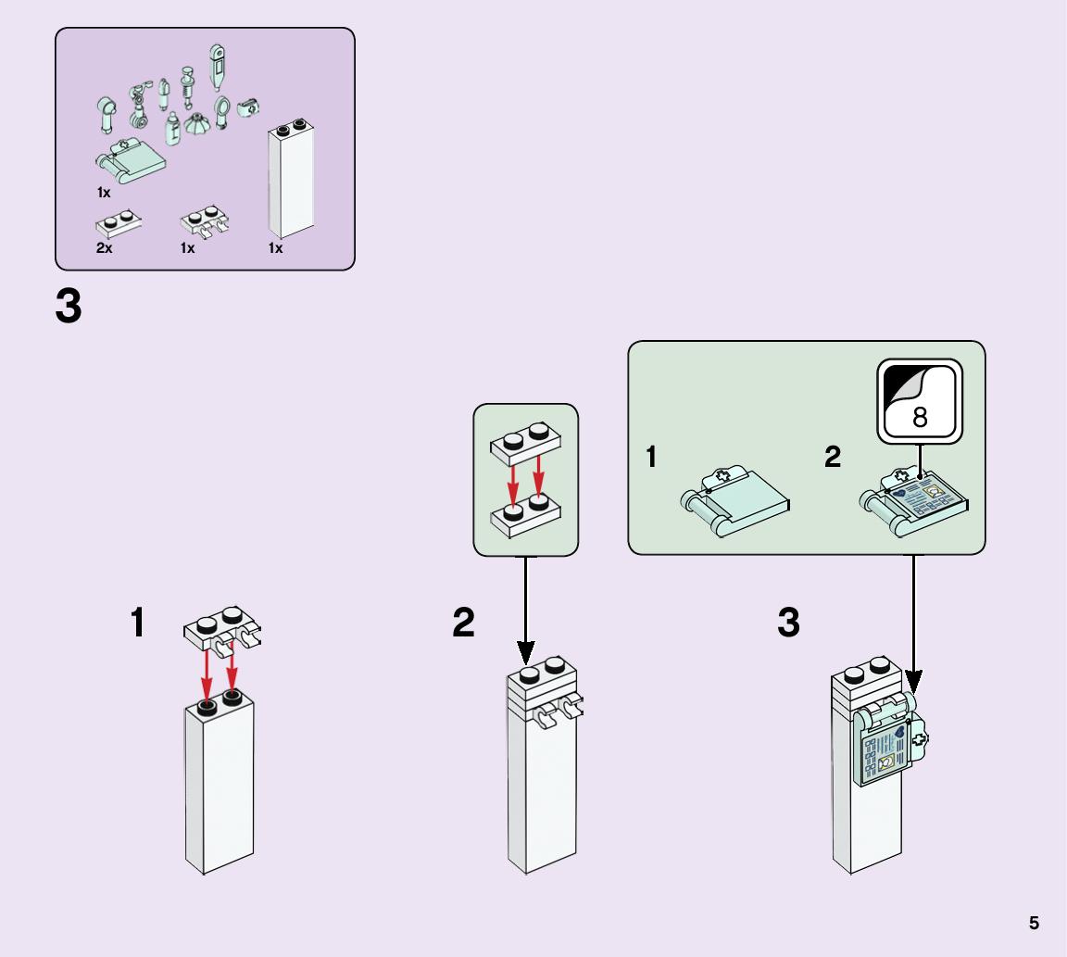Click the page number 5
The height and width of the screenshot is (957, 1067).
[x=1034, y=923]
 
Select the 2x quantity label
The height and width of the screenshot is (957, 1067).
[x=104, y=248]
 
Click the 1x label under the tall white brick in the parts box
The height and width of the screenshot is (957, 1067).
[x=275, y=248]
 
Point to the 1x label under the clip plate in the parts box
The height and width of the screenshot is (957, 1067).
[x=187, y=248]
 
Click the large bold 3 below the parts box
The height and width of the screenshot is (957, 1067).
[x=69, y=307]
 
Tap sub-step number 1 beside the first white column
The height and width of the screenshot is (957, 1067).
[x=137, y=623]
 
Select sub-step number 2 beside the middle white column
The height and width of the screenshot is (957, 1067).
[x=463, y=623]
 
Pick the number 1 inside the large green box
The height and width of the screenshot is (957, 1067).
[x=651, y=457]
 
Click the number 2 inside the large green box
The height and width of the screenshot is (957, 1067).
[x=833, y=457]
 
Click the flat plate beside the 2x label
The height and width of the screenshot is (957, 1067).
[x=118, y=222]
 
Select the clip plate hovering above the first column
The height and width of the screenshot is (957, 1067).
[x=223, y=629]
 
